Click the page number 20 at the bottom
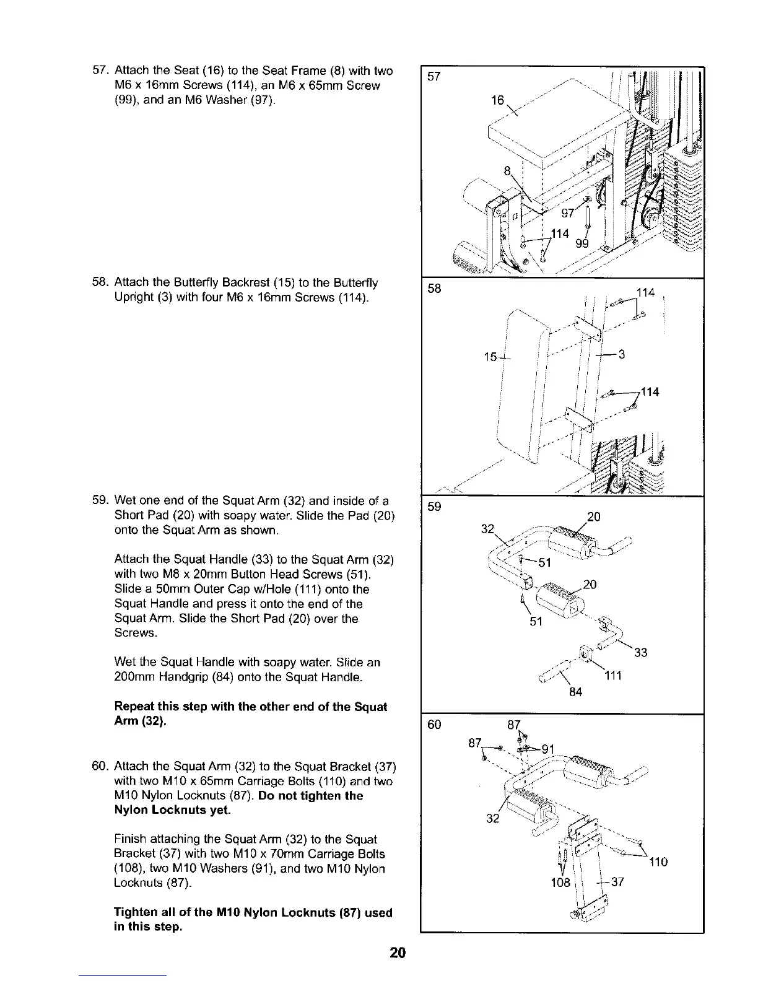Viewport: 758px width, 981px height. pos(398,953)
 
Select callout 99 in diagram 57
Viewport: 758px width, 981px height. pos(582,244)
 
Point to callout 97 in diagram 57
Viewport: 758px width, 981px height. pos(568,214)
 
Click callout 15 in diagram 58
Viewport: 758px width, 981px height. pos(491,357)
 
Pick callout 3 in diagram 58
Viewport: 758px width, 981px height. pos(621,355)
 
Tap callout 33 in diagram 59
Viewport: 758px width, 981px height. pos(641,652)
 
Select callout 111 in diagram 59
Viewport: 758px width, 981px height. pos(613,676)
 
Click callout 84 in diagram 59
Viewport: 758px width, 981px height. pos(576,692)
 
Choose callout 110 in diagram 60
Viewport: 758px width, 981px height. pos(658,861)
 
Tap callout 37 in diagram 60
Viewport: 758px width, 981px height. pos(617,882)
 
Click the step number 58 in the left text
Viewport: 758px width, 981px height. pos(101,283)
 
